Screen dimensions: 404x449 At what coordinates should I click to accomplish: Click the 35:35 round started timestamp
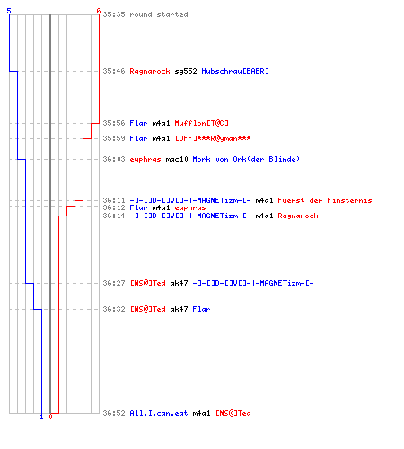114,14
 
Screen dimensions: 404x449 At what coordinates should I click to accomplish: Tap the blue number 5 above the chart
9,11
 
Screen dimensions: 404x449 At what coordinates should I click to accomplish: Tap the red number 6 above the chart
98,11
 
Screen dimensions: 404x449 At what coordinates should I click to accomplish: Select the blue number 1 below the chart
41,417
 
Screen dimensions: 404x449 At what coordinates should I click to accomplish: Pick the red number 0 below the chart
50,417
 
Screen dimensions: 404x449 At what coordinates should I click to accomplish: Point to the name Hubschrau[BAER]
235,71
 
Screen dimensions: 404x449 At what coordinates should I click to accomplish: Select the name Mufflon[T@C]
201,123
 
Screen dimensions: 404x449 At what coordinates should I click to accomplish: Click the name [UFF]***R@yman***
213,138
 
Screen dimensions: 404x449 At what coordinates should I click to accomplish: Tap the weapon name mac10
177,159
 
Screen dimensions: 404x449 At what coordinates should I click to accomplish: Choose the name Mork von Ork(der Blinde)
246,159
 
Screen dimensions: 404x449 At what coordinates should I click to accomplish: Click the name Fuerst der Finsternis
325,200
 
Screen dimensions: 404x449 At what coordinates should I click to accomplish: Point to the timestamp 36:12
114,207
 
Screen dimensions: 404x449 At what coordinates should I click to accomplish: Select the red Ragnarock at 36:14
298,216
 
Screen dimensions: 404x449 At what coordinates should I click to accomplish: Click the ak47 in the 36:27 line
179,283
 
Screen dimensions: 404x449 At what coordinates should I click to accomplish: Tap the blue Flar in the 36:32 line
201,309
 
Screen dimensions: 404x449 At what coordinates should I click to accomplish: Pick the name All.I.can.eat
159,413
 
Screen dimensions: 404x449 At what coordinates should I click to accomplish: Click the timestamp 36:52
114,413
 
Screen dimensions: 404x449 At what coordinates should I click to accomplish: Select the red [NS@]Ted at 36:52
233,413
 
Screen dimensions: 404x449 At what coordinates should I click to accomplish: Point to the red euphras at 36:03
145,159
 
